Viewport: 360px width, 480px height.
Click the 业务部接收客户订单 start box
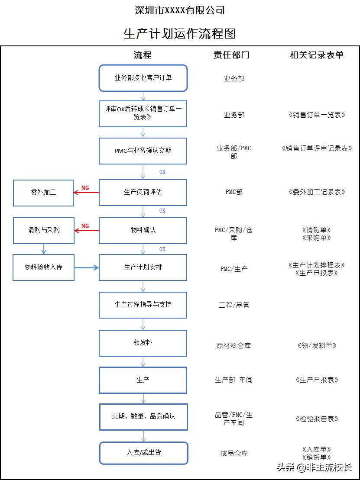[143, 78]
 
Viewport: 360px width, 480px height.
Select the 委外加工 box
[43, 193]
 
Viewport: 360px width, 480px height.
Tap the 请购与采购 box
[43, 230]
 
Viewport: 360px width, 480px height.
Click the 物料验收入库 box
[43, 267]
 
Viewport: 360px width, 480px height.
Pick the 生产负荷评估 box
[143, 192]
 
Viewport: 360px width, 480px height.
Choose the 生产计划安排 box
[143, 267]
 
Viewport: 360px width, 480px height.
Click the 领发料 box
[143, 343]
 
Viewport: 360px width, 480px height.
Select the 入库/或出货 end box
[144, 453]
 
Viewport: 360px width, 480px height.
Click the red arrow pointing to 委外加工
[86, 193]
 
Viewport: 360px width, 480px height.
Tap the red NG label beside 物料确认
[85, 226]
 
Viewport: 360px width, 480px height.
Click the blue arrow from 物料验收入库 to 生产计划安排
[87, 267]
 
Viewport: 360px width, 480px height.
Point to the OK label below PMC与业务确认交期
[162, 172]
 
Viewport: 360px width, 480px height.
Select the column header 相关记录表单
[317, 55]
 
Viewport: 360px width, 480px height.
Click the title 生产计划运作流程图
[180, 33]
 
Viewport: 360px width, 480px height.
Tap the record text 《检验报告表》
[317, 419]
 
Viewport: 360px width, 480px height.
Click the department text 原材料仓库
[234, 345]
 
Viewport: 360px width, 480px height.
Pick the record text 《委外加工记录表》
[317, 192]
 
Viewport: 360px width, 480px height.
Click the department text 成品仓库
[234, 454]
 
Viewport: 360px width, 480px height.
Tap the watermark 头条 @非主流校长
[314, 467]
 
